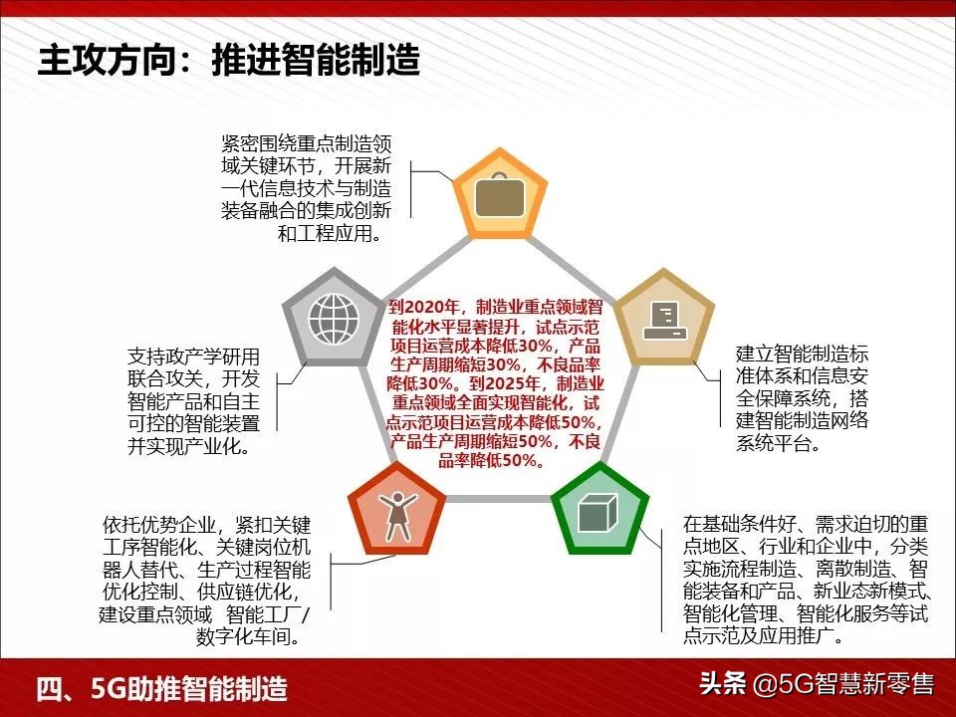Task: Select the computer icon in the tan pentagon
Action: (664, 319)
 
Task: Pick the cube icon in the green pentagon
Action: (599, 515)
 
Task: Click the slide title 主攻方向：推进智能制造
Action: (228, 61)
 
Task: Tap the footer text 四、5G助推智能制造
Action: (161, 687)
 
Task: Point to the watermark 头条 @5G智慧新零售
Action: (816, 685)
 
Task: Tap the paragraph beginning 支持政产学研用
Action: (193, 401)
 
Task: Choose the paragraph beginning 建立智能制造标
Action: (802, 397)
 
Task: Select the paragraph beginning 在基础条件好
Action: (806, 579)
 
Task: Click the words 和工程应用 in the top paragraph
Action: (327, 235)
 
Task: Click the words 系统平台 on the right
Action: (774, 443)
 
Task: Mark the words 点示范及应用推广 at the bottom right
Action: (756, 635)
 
